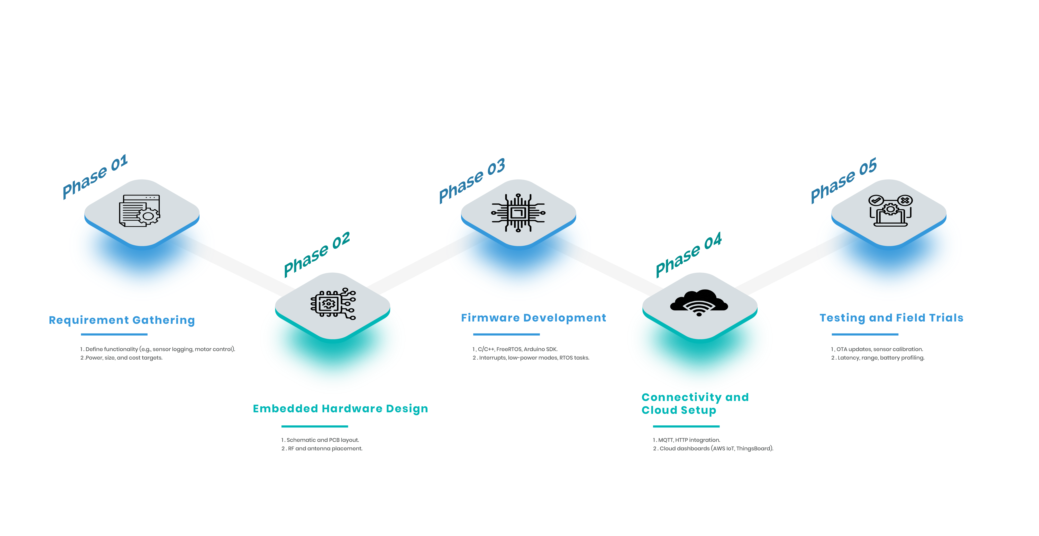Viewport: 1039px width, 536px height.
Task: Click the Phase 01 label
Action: pos(95,176)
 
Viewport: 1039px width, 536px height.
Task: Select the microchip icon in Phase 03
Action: pos(518,213)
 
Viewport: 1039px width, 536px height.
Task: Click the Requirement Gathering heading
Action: pos(122,320)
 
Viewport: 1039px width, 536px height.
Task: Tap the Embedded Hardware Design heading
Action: pos(340,409)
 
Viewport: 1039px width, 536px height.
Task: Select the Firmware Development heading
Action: pos(533,318)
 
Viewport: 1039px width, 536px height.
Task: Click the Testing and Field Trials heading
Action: pos(891,318)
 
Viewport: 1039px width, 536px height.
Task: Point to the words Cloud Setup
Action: pos(679,410)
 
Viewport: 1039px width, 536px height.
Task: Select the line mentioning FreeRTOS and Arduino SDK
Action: pos(515,349)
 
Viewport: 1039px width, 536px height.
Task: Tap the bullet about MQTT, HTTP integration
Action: pos(687,440)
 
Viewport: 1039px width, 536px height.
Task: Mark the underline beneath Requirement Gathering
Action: pos(114,334)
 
